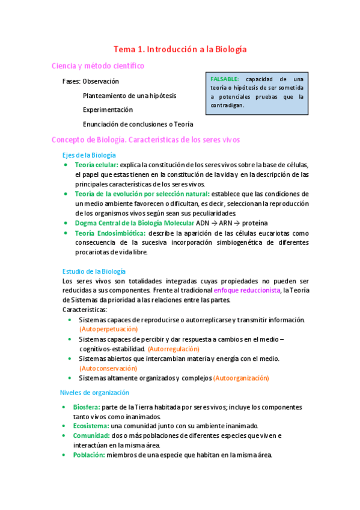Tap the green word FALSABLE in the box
coord(225,79)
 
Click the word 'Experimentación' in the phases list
coord(108,110)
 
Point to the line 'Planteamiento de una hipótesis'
coord(129,96)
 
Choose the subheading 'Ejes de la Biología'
coord(89,155)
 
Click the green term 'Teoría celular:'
coord(96,165)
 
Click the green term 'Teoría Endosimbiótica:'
coord(110,233)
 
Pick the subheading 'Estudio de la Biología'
coord(94,271)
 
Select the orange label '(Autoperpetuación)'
coord(108,329)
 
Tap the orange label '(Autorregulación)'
coord(174,349)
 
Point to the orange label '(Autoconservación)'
coord(108,368)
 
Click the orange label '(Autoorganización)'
coord(242,378)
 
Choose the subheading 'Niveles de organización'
coord(94,393)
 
